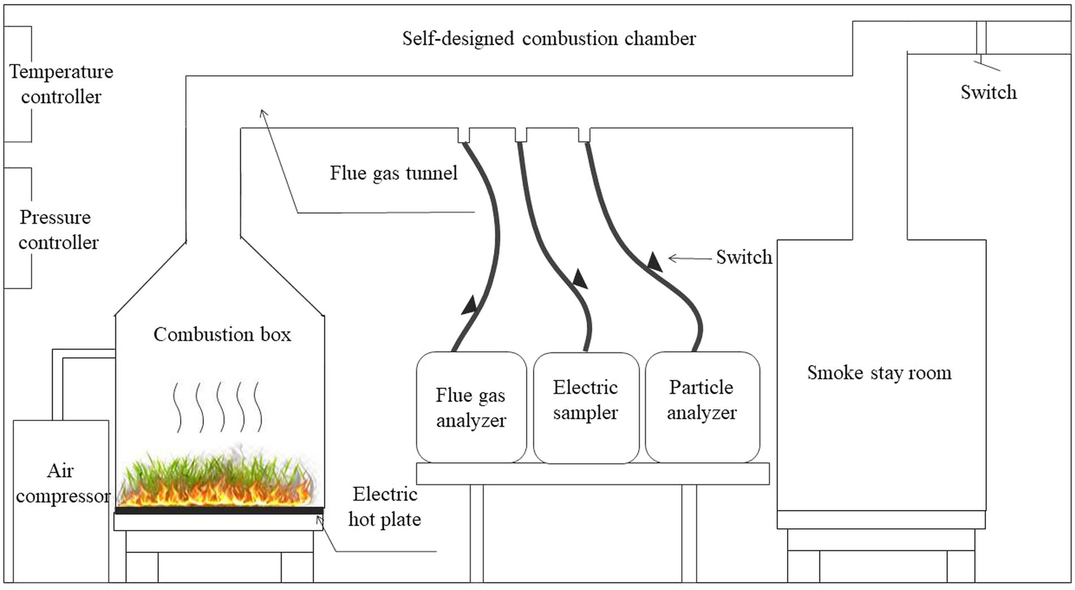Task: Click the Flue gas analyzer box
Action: click(x=471, y=407)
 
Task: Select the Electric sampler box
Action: click(x=586, y=408)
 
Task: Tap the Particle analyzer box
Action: click(x=702, y=407)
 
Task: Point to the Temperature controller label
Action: click(x=62, y=84)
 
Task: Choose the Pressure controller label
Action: click(x=58, y=230)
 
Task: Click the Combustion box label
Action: click(x=222, y=334)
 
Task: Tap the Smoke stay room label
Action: click(x=879, y=373)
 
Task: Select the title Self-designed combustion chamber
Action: click(x=549, y=39)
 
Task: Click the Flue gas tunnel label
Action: click(x=394, y=173)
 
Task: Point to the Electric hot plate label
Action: click(x=385, y=507)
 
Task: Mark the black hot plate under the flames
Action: click(x=219, y=510)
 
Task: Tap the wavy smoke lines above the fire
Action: click(x=219, y=407)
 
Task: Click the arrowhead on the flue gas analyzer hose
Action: click(x=469, y=305)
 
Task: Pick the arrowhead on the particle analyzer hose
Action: click(x=655, y=261)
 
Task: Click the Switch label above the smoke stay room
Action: click(x=989, y=92)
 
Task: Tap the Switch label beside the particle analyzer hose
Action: click(x=744, y=257)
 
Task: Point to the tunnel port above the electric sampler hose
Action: click(x=521, y=135)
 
